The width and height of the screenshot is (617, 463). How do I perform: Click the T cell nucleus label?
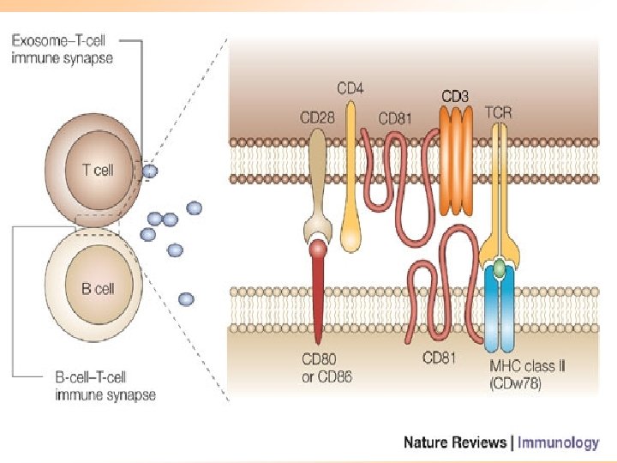(x=98, y=170)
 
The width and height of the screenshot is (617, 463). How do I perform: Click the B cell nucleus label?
(x=98, y=289)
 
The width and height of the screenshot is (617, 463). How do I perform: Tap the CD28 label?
(x=317, y=117)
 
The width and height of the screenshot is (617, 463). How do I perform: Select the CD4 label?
(x=350, y=88)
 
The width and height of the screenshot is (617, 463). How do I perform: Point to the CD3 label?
(x=455, y=96)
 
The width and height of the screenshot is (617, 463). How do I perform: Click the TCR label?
(x=498, y=113)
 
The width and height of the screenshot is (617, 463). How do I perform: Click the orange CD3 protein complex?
(x=456, y=160)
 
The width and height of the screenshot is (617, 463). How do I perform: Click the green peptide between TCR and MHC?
(x=499, y=268)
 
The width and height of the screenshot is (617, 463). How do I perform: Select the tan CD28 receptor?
(x=318, y=185)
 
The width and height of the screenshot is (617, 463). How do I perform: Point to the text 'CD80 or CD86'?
(x=326, y=368)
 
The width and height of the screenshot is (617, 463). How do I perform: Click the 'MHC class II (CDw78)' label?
(x=527, y=375)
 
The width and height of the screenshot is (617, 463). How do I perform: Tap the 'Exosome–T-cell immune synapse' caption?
(x=62, y=49)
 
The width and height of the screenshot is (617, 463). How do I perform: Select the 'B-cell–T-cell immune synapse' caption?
(x=105, y=386)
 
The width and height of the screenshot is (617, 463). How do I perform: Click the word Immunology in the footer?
(x=558, y=442)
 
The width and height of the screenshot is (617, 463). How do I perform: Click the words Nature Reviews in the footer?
(x=455, y=442)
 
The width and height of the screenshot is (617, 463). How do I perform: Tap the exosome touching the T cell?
(x=150, y=171)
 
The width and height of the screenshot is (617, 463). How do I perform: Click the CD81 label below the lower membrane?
(x=439, y=358)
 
